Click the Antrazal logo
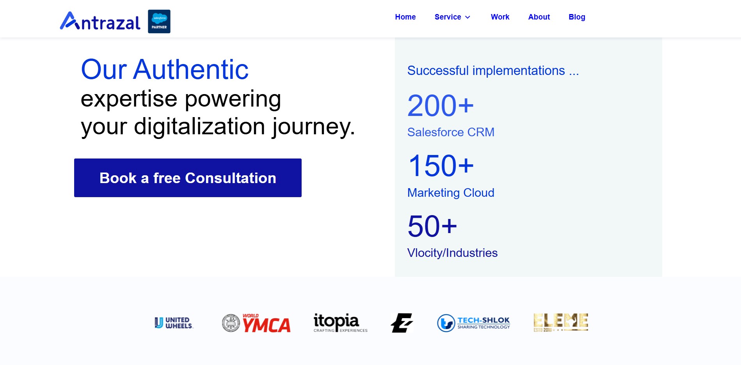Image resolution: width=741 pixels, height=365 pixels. pyautogui.click(x=100, y=21)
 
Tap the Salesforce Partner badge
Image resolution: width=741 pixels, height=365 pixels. pyautogui.click(x=159, y=21)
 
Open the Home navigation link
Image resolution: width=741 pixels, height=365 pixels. pyautogui.click(x=405, y=17)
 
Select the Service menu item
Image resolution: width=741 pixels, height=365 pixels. pyautogui.click(x=448, y=17)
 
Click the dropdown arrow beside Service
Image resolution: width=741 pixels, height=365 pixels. pyautogui.click(x=467, y=17)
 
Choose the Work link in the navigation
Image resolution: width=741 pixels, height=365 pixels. pyautogui.click(x=500, y=17)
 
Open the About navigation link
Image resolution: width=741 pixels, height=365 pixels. pyautogui.click(x=539, y=17)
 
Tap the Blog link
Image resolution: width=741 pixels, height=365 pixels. pyautogui.click(x=577, y=17)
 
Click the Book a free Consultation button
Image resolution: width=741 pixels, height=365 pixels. pyautogui.click(x=188, y=178)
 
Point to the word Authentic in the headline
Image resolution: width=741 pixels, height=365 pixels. pyautogui.click(x=191, y=69)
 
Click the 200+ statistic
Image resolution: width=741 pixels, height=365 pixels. pyautogui.click(x=441, y=105)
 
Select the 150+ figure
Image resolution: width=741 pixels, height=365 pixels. pyautogui.click(x=441, y=166)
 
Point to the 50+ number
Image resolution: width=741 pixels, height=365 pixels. pyautogui.click(x=432, y=226)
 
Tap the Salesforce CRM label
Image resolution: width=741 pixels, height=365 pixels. pyautogui.click(x=451, y=132)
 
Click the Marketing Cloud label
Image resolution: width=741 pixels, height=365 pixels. pyautogui.click(x=451, y=193)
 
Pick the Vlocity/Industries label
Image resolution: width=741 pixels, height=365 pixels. pyautogui.click(x=452, y=253)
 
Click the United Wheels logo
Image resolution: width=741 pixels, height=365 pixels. pyautogui.click(x=174, y=323)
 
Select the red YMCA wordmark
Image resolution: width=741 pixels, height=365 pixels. pyautogui.click(x=267, y=324)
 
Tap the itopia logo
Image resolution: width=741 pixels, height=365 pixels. pyautogui.click(x=340, y=323)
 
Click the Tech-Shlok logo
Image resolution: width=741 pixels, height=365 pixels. pyautogui.click(x=473, y=323)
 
